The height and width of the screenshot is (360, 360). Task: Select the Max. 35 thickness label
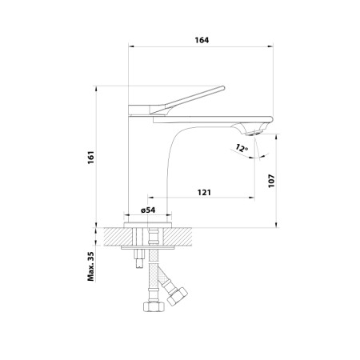pos(93,266)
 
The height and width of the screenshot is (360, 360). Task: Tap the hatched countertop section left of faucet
pos(117,238)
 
